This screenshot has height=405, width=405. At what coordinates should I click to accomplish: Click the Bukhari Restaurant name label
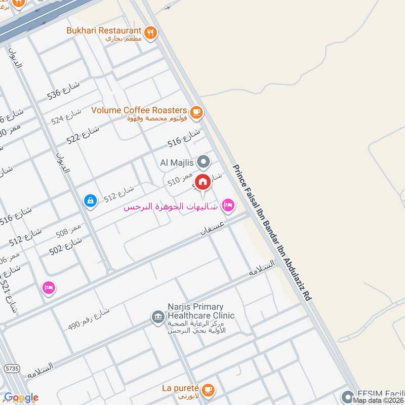click(x=104, y=30)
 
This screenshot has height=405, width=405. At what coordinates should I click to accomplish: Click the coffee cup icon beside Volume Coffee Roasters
click(x=196, y=111)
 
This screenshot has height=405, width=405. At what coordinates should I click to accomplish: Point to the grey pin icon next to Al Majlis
click(x=203, y=162)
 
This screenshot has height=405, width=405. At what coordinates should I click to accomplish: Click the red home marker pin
click(x=202, y=182)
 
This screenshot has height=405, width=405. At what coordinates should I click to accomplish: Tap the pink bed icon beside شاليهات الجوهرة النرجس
click(x=228, y=205)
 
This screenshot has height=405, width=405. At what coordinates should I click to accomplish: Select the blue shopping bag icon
click(x=90, y=201)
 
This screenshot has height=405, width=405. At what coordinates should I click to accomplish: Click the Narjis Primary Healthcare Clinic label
click(x=201, y=311)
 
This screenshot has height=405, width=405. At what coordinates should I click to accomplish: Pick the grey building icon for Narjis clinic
click(x=157, y=317)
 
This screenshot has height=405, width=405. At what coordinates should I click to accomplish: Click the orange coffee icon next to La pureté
click(x=208, y=390)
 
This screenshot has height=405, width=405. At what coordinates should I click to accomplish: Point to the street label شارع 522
click(x=83, y=133)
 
